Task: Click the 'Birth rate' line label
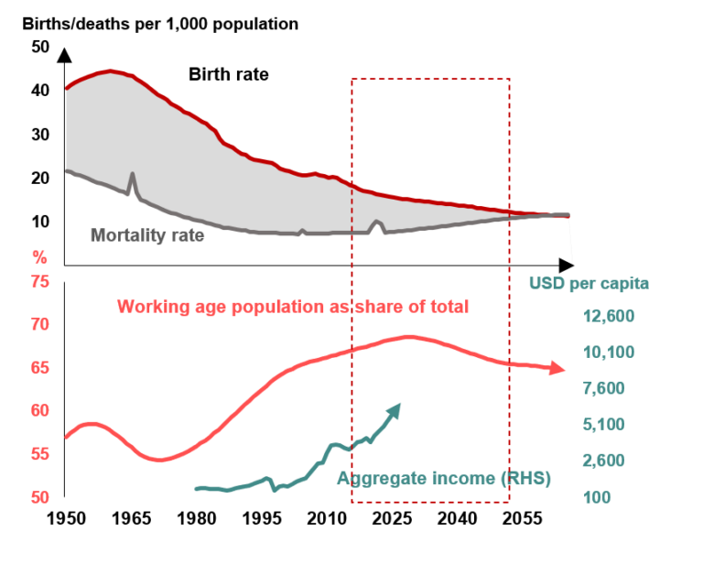(229, 74)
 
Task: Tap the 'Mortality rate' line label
(147, 234)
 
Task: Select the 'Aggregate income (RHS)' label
(444, 478)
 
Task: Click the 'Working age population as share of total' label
(294, 307)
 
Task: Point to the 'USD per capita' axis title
(589, 283)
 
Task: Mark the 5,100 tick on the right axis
(609, 425)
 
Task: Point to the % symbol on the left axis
(38, 255)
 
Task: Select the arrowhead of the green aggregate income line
(396, 407)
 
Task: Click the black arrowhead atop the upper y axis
(65, 54)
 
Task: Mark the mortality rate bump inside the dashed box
(376, 222)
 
